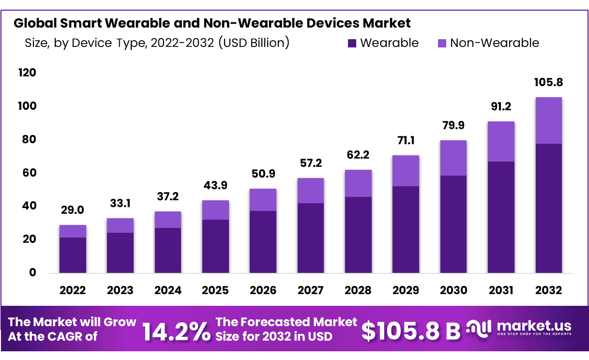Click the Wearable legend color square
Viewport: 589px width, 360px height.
352,44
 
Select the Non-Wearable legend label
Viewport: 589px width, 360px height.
494,43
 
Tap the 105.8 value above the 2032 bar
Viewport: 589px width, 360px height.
549,83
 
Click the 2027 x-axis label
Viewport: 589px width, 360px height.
311,290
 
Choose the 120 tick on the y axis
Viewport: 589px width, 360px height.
27,73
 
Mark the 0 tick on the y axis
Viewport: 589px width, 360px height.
32,273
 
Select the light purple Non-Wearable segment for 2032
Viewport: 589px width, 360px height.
549,120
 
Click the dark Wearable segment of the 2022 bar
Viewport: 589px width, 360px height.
73,255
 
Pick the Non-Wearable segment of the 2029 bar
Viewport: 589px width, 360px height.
406,171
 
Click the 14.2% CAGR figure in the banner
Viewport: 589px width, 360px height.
176,330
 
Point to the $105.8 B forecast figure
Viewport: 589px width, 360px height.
411,330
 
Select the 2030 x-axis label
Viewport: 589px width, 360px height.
453,290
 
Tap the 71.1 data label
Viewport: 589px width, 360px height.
406,141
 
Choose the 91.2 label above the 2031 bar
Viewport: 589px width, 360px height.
501,107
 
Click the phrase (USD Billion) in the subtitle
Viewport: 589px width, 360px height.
254,43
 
